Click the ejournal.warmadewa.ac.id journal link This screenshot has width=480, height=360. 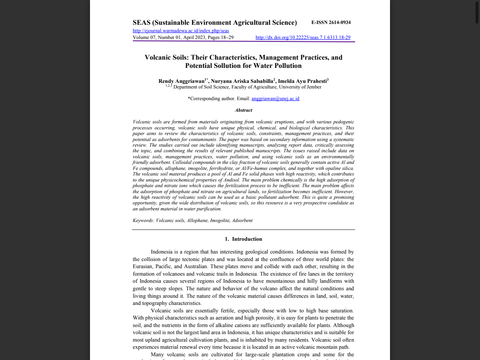tap(181, 31)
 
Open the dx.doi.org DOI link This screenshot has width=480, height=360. tap(303, 37)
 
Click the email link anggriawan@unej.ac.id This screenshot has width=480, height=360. tap(275, 99)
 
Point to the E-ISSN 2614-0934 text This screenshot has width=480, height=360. tap(331, 22)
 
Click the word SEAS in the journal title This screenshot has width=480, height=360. tap(141, 22)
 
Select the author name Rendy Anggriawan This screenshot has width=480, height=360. tap(181, 81)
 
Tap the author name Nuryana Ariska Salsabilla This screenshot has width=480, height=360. tap(242, 81)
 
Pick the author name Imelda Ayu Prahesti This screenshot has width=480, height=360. tap(302, 81)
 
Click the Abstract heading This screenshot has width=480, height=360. tap(243, 110)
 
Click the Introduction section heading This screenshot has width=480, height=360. tap(247, 239)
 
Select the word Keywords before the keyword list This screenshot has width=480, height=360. tap(143, 220)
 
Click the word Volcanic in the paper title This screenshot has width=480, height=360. tap(159, 57)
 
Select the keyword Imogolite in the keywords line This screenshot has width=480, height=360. tap(219, 220)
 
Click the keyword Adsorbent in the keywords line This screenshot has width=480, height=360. tap(242, 220)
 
